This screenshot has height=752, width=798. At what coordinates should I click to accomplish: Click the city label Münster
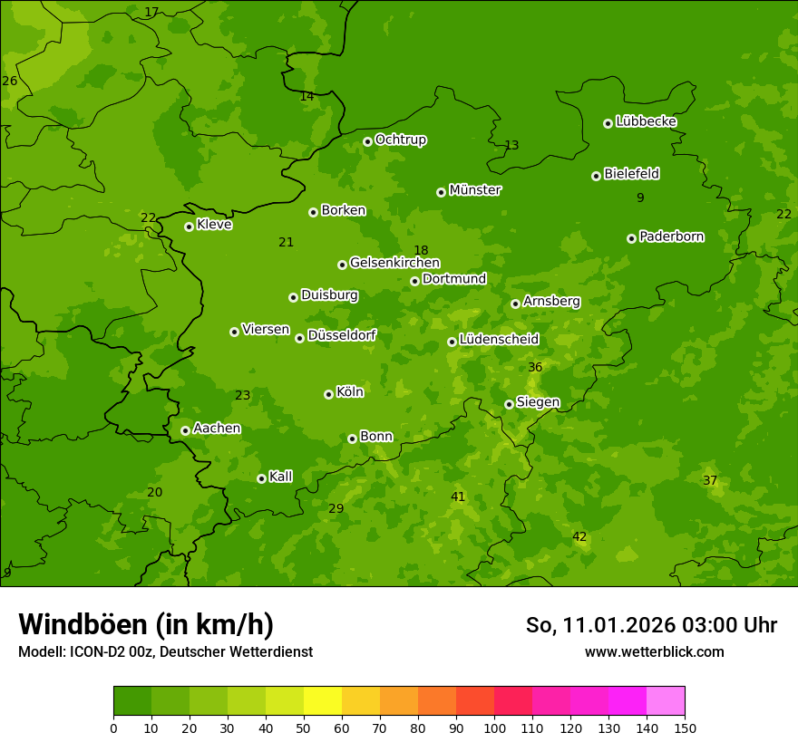[x=474, y=190]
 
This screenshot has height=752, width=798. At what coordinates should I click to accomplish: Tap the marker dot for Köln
[x=328, y=394]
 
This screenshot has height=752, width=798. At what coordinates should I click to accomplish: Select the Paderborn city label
[x=671, y=236]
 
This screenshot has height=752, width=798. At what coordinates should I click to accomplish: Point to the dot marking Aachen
[x=185, y=430]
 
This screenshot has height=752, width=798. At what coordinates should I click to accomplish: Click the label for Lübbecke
[x=646, y=121]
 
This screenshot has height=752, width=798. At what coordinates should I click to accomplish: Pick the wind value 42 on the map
[x=579, y=537]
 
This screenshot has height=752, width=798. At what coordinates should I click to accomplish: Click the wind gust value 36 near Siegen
[x=535, y=367]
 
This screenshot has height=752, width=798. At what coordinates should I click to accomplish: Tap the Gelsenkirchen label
[x=394, y=263]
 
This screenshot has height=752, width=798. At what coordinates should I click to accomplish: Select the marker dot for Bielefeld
[x=596, y=176]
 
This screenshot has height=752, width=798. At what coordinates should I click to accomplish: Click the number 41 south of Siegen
[x=458, y=497]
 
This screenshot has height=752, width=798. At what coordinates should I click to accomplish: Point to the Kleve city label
[x=214, y=225]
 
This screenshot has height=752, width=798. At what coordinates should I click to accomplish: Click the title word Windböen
[x=82, y=624]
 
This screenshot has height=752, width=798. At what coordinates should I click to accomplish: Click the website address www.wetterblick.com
[x=654, y=651]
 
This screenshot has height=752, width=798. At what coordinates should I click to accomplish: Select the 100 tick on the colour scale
[x=494, y=728]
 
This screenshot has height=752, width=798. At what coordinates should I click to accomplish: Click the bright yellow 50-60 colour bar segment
[x=323, y=701]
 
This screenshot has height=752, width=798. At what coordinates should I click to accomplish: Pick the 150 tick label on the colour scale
[x=685, y=728]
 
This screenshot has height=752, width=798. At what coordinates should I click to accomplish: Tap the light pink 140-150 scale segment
[x=666, y=701]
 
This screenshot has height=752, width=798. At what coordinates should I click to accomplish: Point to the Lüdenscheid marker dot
[x=452, y=342]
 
